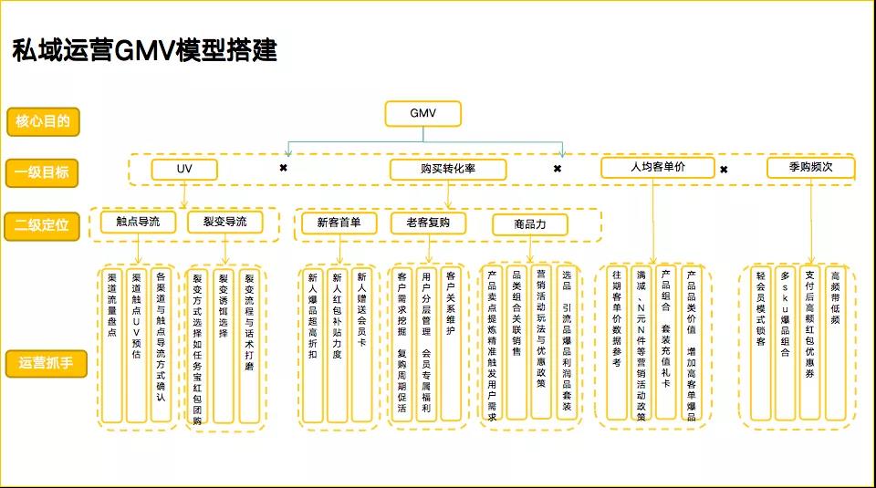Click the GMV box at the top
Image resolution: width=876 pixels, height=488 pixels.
[x=422, y=113]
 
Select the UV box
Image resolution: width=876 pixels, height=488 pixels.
[x=184, y=169]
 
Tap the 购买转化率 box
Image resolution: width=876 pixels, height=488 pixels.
[x=448, y=169]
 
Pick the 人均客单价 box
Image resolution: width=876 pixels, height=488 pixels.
[x=658, y=168]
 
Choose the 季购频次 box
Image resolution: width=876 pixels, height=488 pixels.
[x=810, y=168]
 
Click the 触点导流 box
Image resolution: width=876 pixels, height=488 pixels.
[x=138, y=222]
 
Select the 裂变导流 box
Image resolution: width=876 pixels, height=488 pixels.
[x=225, y=222]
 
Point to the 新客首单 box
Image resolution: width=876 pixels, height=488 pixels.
[x=339, y=223]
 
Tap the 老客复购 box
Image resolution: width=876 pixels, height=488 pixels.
[x=429, y=223]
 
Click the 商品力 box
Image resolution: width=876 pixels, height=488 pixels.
[x=530, y=224]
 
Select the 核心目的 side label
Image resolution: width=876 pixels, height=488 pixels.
[x=43, y=121]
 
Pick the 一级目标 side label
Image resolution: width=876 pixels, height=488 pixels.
[x=42, y=172]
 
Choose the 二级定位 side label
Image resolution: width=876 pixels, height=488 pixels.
[x=42, y=225]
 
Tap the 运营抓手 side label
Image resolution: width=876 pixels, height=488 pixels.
[x=46, y=363]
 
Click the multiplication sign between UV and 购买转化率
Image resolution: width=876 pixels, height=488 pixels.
[x=283, y=168]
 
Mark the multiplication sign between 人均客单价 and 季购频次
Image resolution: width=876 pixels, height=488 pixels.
[x=724, y=169]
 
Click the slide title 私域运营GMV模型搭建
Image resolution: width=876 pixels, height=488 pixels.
[x=145, y=50]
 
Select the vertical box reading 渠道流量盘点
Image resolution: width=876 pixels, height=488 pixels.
[x=112, y=346]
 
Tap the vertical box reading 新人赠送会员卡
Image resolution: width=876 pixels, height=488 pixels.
[x=361, y=346]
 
